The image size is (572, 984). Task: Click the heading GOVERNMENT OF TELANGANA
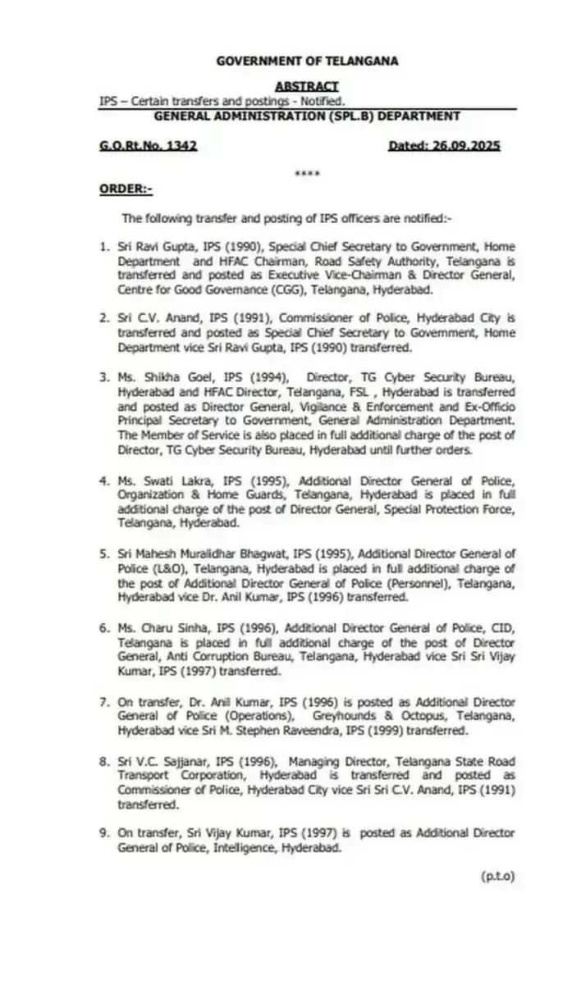pyautogui.click(x=306, y=61)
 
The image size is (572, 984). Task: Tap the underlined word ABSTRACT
pyautogui.click(x=306, y=86)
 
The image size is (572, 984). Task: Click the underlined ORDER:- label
pyautogui.click(x=126, y=189)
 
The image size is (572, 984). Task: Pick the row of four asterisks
pyautogui.click(x=306, y=173)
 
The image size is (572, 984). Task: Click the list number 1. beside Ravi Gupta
pyautogui.click(x=103, y=245)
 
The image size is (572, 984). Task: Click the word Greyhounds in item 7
pyautogui.click(x=341, y=716)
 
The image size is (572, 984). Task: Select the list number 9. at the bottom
pyautogui.click(x=103, y=832)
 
